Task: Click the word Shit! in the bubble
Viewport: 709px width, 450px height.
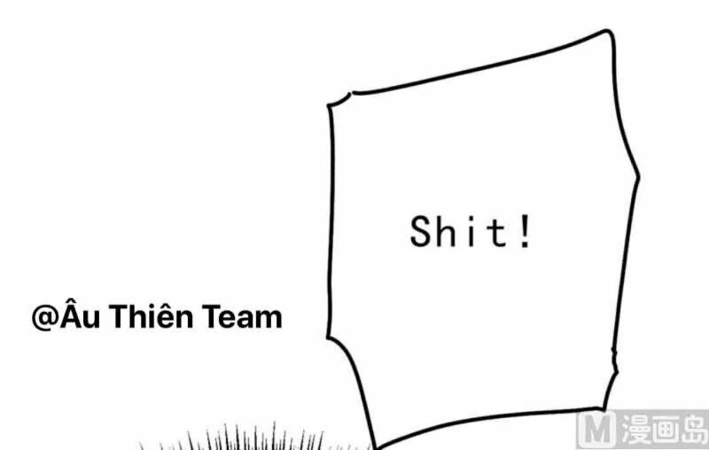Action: click(471, 232)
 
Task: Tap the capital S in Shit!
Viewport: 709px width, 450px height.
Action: click(420, 232)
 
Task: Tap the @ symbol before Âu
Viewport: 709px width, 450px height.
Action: click(44, 317)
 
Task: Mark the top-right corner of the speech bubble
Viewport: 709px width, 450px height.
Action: click(610, 34)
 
